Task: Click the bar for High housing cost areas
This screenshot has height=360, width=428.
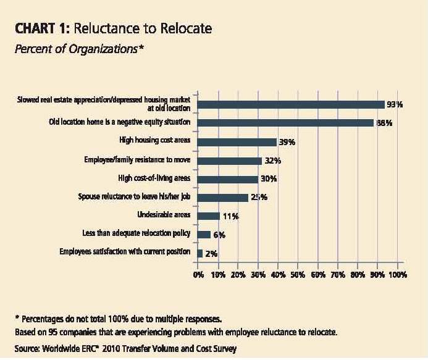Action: click(x=237, y=141)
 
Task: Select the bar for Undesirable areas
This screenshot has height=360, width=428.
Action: click(x=209, y=216)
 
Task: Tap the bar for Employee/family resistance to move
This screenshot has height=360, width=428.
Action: click(x=230, y=161)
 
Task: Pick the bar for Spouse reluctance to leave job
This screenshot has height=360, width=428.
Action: click(x=222, y=198)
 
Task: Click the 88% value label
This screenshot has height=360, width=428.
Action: click(x=384, y=123)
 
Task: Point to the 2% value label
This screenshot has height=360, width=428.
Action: click(x=211, y=254)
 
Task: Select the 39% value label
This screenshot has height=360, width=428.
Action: click(x=287, y=142)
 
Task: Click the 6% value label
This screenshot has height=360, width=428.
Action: click(x=219, y=235)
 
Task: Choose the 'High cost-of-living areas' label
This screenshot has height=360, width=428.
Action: click(x=154, y=178)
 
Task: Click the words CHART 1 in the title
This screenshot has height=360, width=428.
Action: click(x=41, y=30)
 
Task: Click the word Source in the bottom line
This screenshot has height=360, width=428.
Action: click(x=27, y=349)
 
